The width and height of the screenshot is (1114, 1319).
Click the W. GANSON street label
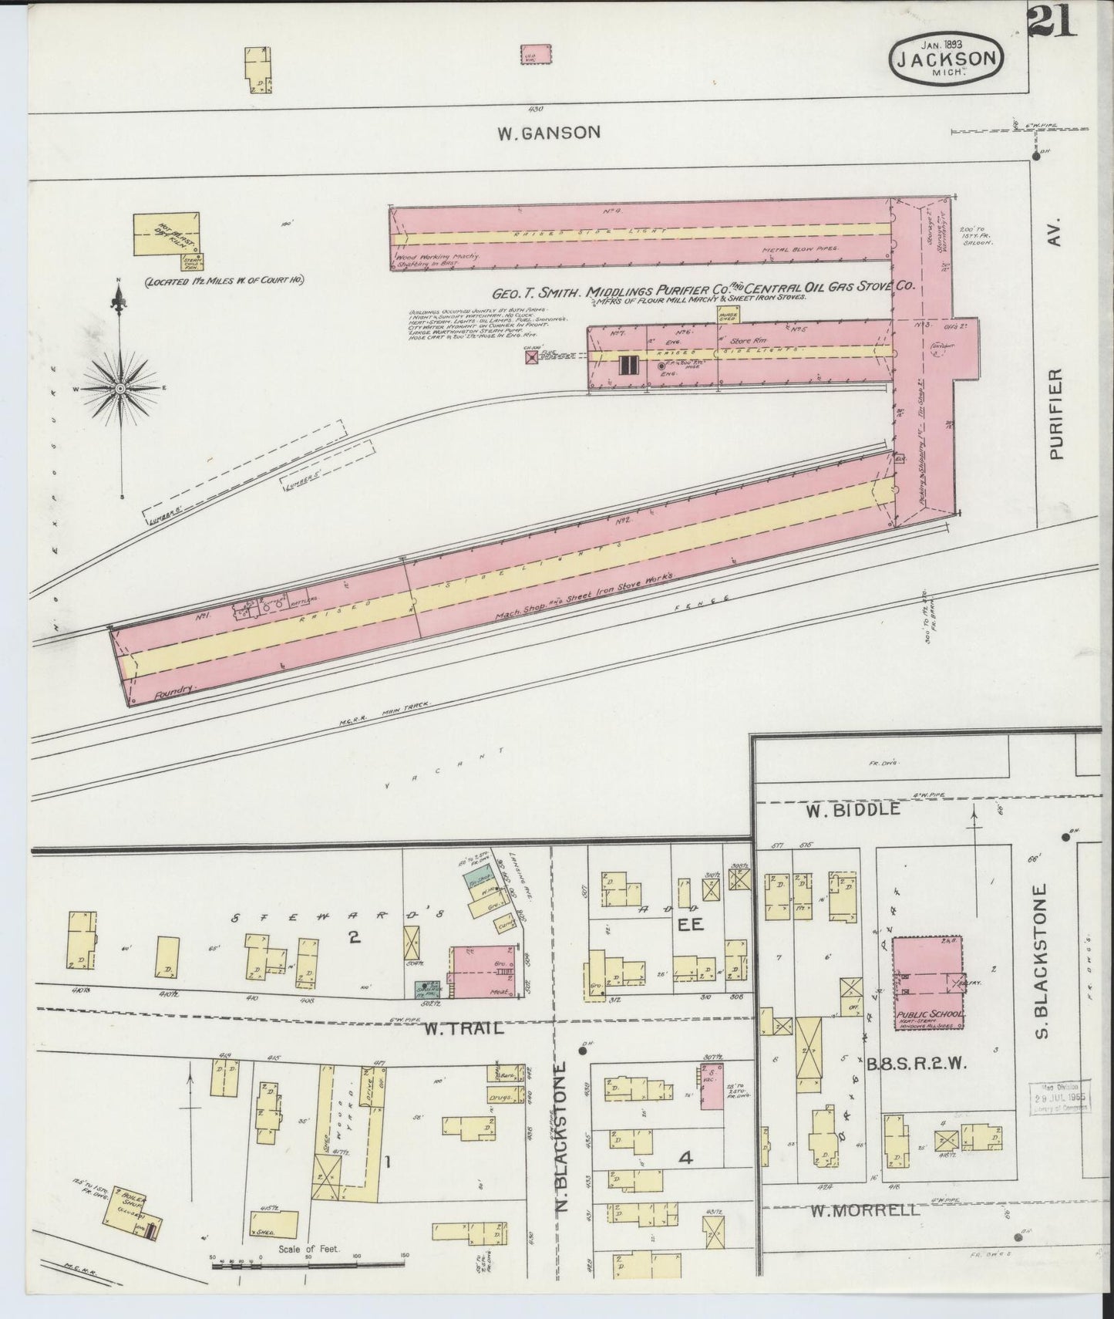click(x=548, y=133)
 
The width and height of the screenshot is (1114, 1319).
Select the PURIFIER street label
click(x=1056, y=413)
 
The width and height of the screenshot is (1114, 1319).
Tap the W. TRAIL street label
click(x=465, y=1027)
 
